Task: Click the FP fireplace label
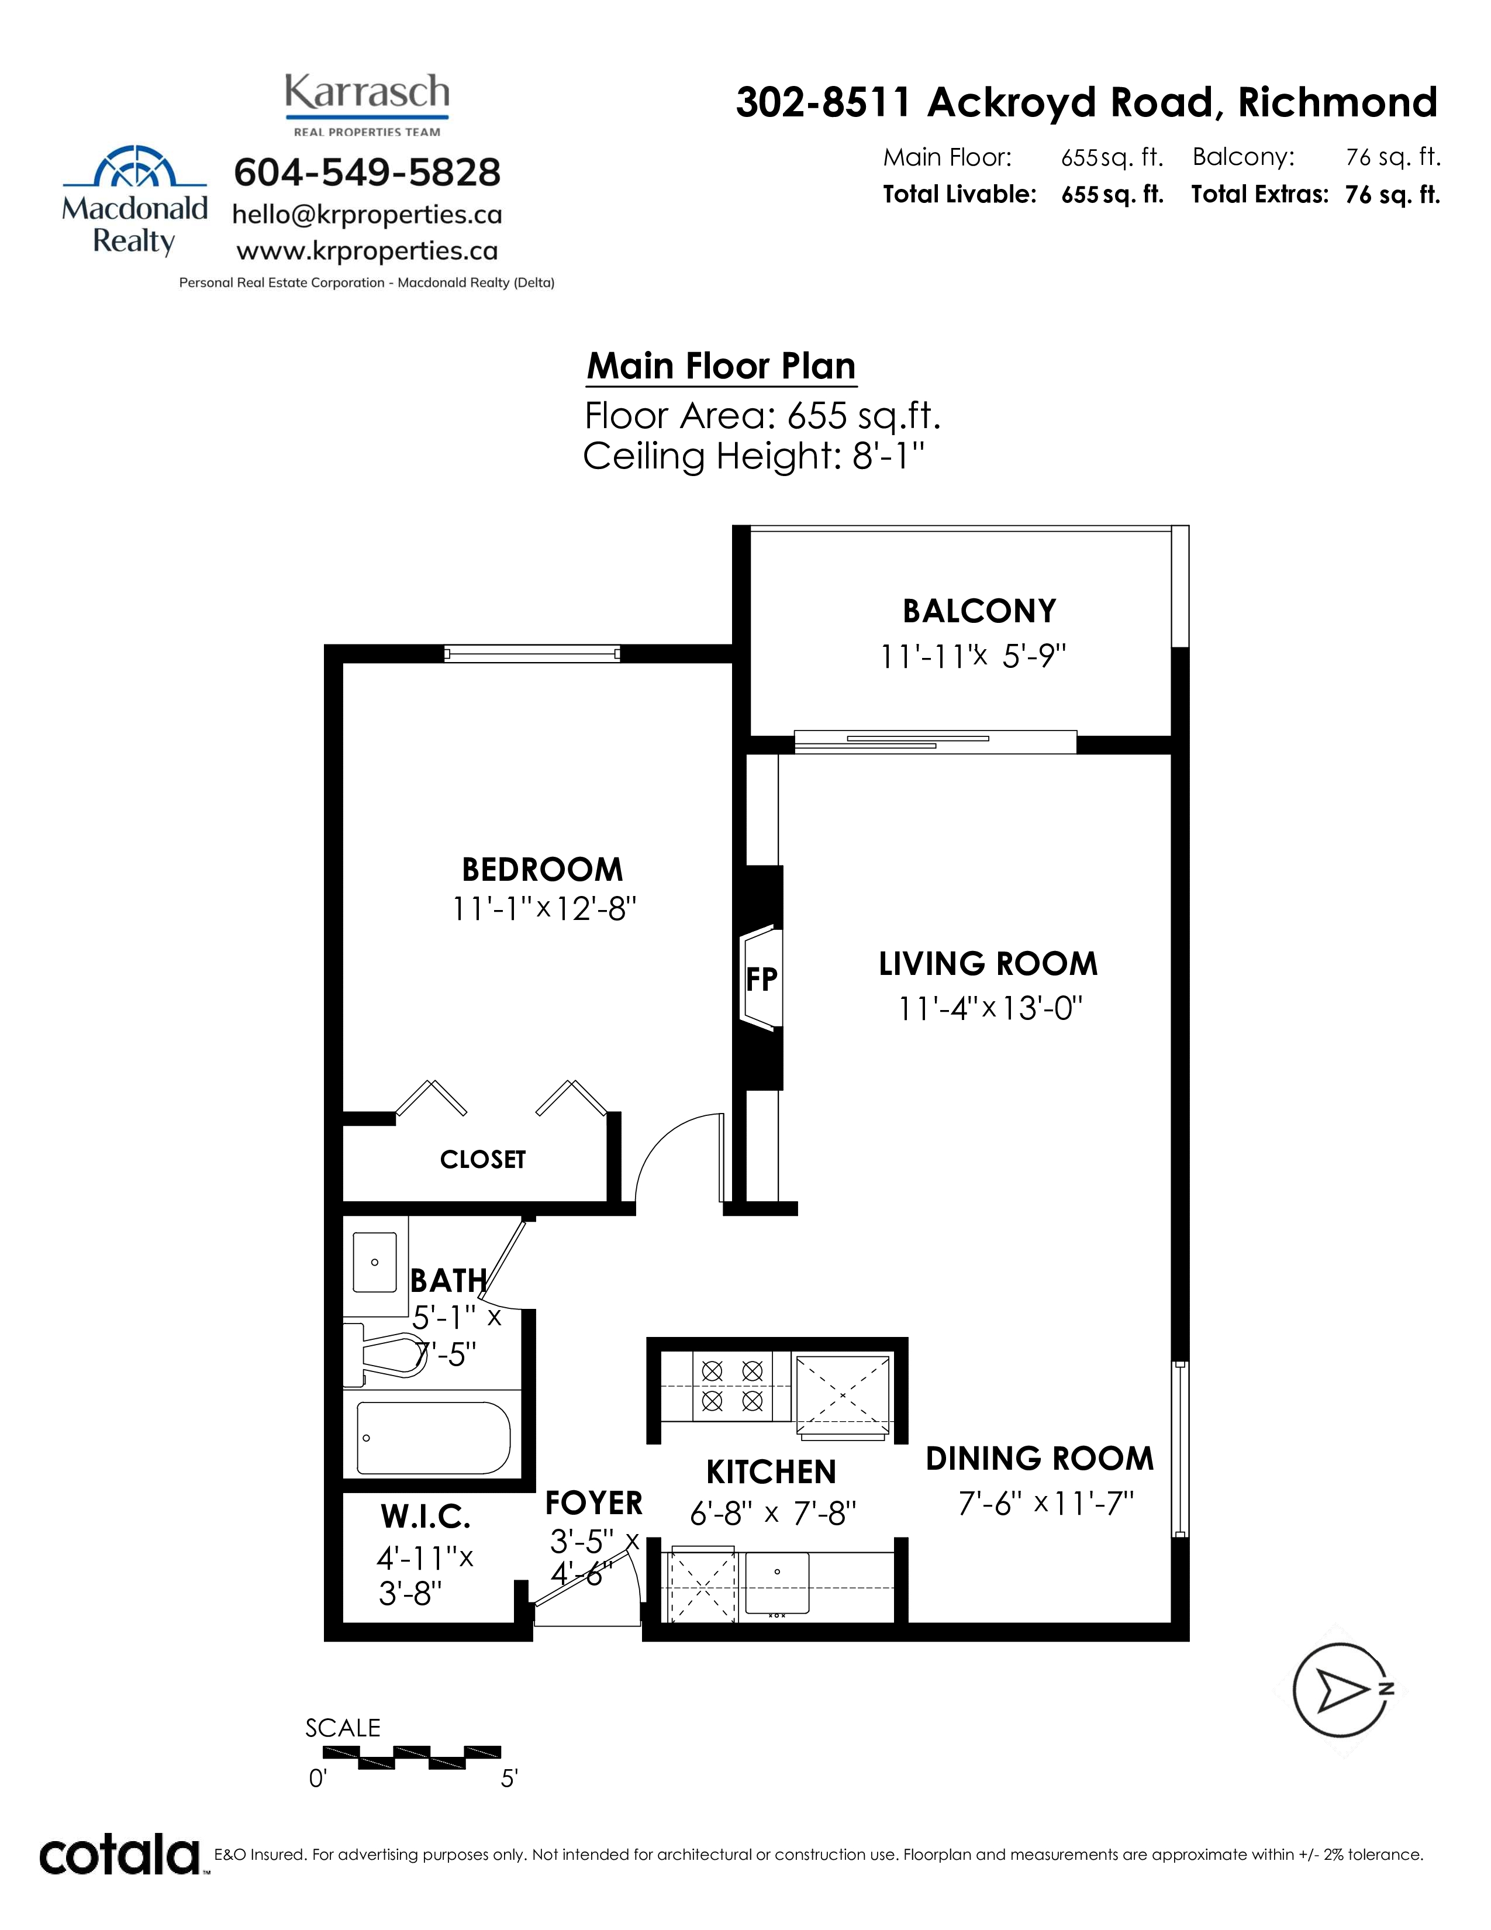pyautogui.click(x=761, y=978)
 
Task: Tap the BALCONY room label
pyautogui.click(x=979, y=611)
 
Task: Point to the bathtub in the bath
pyautogui.click(x=433, y=1437)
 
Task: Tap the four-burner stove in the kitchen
pyautogui.click(x=731, y=1385)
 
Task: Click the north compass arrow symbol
pyautogui.click(x=1342, y=1691)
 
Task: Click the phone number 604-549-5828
pyautogui.click(x=367, y=173)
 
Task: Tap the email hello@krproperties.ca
pyautogui.click(x=367, y=215)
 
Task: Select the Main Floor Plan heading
pyautogui.click(x=722, y=366)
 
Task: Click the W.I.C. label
pyautogui.click(x=426, y=1517)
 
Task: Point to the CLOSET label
pyautogui.click(x=482, y=1159)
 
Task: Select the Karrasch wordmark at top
pyautogui.click(x=367, y=92)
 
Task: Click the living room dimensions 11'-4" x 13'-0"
pyautogui.click(x=990, y=1008)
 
